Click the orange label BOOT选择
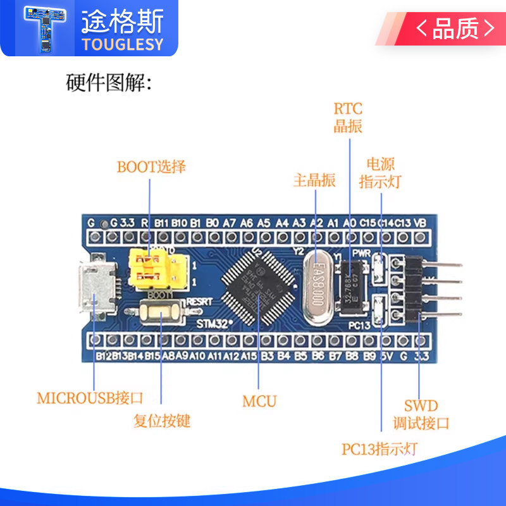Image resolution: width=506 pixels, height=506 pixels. click(151, 167)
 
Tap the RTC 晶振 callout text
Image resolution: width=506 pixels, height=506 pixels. click(348, 116)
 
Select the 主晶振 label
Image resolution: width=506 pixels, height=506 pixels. click(314, 180)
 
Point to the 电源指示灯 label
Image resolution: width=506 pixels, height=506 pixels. click(379, 173)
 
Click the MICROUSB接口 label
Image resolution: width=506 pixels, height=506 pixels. click(90, 398)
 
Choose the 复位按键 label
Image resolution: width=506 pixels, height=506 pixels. click(161, 421)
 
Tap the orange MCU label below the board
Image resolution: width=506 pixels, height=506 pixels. click(259, 400)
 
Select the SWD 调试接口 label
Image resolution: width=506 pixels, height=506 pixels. click(421, 414)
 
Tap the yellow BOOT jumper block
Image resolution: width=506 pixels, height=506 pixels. click(151, 269)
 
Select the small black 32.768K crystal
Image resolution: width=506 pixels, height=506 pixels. click(352, 290)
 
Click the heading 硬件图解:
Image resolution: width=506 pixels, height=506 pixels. click(108, 83)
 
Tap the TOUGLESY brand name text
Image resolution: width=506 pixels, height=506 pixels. click(122, 44)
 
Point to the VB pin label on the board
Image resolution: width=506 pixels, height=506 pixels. click(418, 223)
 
